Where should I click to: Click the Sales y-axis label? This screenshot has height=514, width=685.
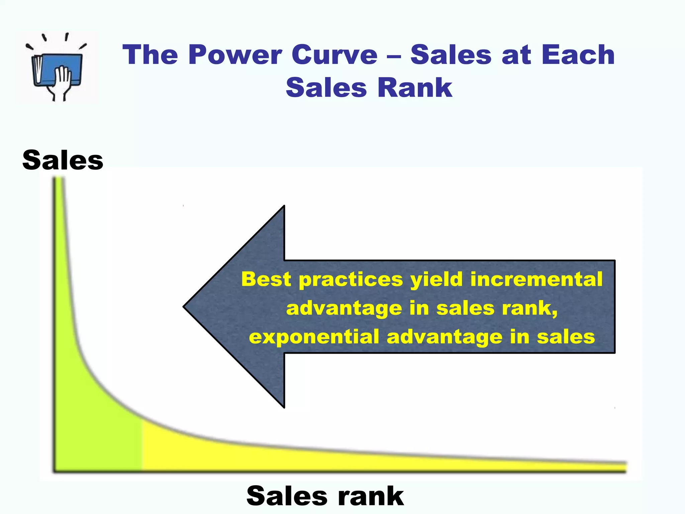63,160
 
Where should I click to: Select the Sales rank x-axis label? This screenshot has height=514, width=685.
325,496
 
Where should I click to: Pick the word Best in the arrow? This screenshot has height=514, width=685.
266,279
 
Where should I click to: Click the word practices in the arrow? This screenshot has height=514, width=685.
351,280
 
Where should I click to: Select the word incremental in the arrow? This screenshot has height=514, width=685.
536,279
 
